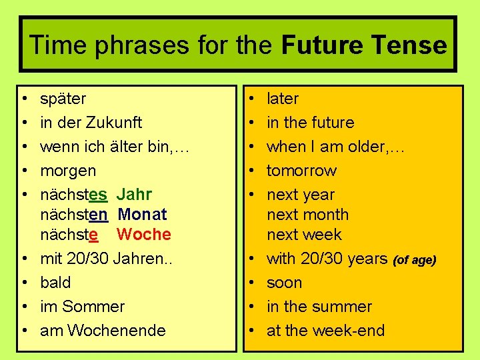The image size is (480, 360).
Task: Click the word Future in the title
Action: (321, 45)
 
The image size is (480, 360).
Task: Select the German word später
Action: (63, 99)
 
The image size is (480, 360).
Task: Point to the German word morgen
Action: (68, 171)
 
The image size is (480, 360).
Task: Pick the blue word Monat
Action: (142, 215)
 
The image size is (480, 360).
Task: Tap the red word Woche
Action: (143, 235)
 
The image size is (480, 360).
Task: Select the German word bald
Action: (55, 283)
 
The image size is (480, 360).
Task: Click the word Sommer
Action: (93, 307)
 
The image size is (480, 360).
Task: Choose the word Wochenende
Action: (117, 331)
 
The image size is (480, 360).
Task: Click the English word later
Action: (283, 99)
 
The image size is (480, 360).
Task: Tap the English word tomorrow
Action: (301, 171)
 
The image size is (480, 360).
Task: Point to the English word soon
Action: (284, 283)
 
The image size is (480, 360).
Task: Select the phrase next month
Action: (307, 215)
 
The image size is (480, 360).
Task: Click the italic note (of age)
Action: (415, 260)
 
